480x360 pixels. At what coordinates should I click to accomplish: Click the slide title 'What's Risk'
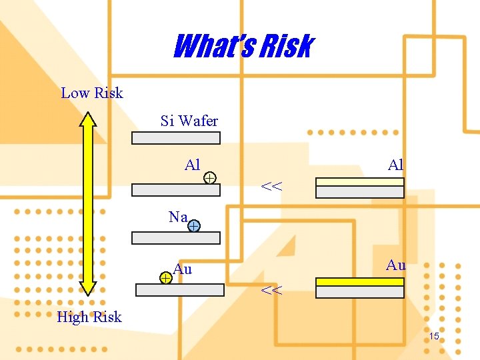243,47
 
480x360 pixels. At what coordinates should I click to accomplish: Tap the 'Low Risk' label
92,93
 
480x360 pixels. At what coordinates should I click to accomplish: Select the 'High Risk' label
89,317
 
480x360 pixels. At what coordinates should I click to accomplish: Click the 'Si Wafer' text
189,121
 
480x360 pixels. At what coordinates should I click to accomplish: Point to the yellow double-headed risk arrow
88,203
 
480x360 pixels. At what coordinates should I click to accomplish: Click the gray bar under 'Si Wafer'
176,138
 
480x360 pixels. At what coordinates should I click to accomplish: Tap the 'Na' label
178,217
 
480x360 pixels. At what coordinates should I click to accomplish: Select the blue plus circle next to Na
193,227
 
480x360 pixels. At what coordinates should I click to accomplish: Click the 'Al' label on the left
193,165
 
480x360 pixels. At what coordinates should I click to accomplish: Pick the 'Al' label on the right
396,165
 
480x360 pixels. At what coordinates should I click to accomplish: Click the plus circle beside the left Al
209,177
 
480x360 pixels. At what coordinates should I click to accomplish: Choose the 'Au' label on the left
183,269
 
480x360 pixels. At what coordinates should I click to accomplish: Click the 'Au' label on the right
396,265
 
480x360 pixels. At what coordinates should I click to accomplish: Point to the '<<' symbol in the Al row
271,187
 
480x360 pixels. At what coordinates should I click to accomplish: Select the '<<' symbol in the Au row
271,290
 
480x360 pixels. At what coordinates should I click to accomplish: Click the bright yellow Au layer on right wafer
360,281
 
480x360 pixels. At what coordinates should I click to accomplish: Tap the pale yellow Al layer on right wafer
360,182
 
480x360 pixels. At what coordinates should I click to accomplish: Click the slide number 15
434,337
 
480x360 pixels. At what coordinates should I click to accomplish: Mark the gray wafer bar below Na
176,238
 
